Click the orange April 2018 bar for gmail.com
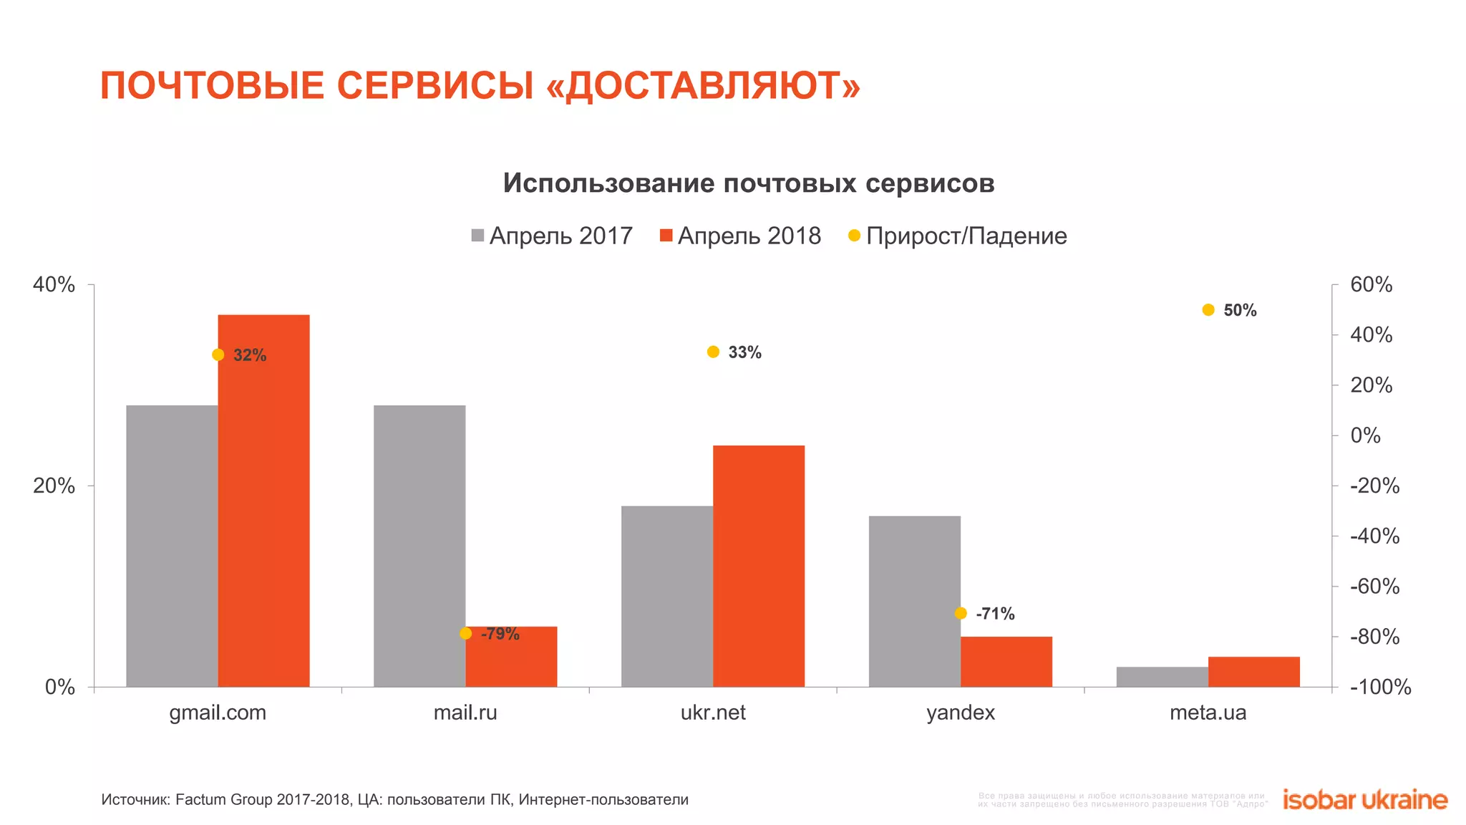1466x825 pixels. (x=263, y=501)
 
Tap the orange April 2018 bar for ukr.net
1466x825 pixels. (x=759, y=566)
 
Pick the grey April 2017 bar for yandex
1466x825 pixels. (x=914, y=601)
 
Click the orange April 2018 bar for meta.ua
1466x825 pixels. (x=1253, y=672)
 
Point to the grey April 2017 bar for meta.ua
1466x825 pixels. (x=1162, y=677)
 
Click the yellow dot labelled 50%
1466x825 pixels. (x=1208, y=310)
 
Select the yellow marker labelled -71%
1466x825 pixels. (x=961, y=613)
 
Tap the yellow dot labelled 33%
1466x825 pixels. (x=713, y=352)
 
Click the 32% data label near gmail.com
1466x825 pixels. (x=250, y=355)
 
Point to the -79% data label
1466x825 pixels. (x=500, y=634)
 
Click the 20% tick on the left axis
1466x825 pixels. (x=54, y=486)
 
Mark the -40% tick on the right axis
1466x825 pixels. (x=1374, y=536)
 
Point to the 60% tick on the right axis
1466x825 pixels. (x=1371, y=284)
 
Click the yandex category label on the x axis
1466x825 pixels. (x=961, y=713)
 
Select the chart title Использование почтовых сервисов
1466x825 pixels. (x=749, y=183)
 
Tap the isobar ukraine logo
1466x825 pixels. (x=1365, y=799)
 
